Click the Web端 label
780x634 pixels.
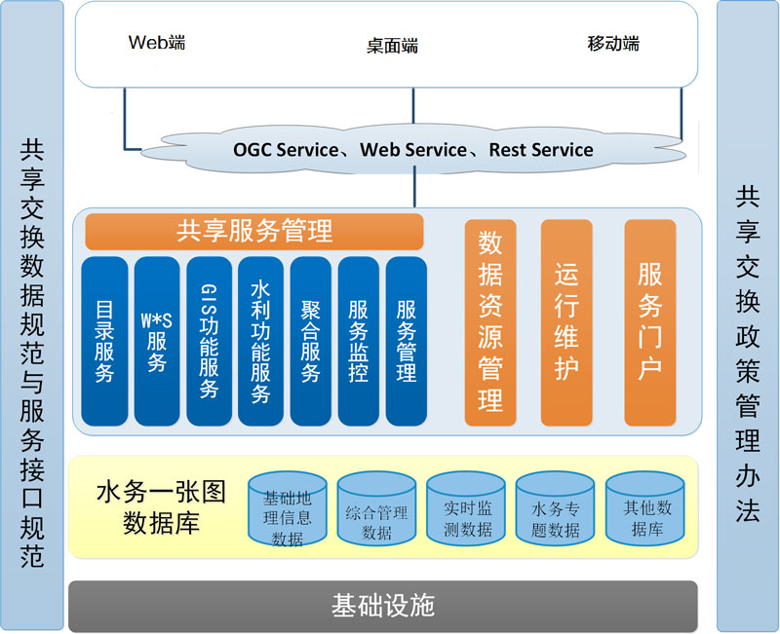[x=157, y=42]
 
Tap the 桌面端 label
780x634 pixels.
[x=392, y=46]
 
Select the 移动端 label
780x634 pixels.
[x=613, y=44]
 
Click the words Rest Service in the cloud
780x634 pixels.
[x=541, y=150]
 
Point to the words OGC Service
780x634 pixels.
[x=286, y=150]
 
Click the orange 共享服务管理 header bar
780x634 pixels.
[x=254, y=231]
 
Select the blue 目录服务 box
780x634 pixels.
[x=104, y=341]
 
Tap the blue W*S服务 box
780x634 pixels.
[x=157, y=341]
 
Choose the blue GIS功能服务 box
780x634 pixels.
[x=209, y=341]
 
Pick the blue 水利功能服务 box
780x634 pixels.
[x=260, y=341]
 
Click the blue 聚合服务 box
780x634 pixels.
[x=310, y=341]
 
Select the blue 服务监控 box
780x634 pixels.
[x=358, y=341]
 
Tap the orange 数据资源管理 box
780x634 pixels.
[x=490, y=322]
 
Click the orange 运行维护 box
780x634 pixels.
[x=566, y=322]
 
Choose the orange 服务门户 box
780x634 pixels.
[x=649, y=322]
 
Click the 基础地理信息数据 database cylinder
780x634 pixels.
[x=287, y=508]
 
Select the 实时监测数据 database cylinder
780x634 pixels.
[x=466, y=508]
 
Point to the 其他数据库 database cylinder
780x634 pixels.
[x=645, y=508]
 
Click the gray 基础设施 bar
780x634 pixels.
[x=382, y=606]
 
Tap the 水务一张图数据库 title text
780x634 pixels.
[x=161, y=506]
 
